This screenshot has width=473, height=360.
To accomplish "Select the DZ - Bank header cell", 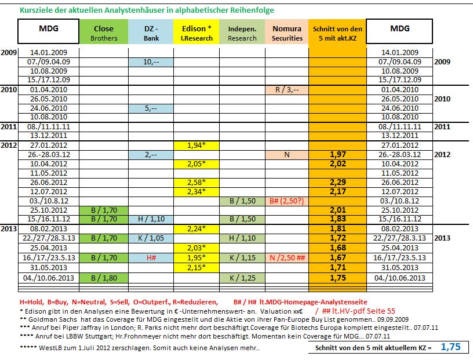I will point(152,33).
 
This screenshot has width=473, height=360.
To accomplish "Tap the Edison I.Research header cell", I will point(197,33).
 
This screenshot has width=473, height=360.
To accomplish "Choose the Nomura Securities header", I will point(287,33).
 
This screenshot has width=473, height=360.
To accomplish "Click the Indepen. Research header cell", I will point(242,33).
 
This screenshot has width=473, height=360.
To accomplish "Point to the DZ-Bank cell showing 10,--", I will point(152,62).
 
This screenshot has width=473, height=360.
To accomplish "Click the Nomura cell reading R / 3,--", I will point(288,90).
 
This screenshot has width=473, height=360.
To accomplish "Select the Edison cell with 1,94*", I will point(197,146).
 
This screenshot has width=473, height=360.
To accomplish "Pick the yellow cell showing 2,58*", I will point(197,183).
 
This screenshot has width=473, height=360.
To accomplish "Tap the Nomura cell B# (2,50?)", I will point(288,201).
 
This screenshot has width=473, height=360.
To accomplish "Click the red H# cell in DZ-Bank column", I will point(152,257).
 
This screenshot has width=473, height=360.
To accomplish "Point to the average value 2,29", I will point(337,183).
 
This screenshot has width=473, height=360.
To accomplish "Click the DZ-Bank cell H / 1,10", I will point(152,220).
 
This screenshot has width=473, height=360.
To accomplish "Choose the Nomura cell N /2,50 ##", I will point(288,257).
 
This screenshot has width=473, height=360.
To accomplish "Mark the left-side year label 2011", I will point(9,126).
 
